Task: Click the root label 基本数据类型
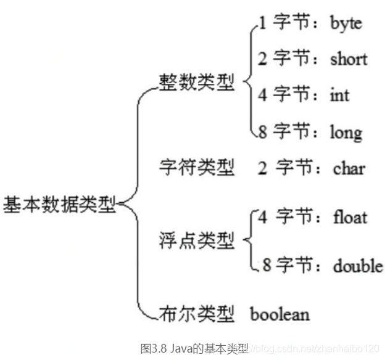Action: pyautogui.click(x=60, y=203)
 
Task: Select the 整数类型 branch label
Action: pyautogui.click(x=197, y=83)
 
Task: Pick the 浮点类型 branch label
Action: pyautogui.click(x=197, y=241)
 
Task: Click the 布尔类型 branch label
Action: pyautogui.click(x=197, y=314)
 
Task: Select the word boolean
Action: pyautogui.click(x=279, y=314)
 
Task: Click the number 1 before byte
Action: pyautogui.click(x=262, y=24)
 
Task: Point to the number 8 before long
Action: pyautogui.click(x=262, y=132)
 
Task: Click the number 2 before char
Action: pyautogui.click(x=262, y=167)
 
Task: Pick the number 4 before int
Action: pyautogui.click(x=262, y=95)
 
